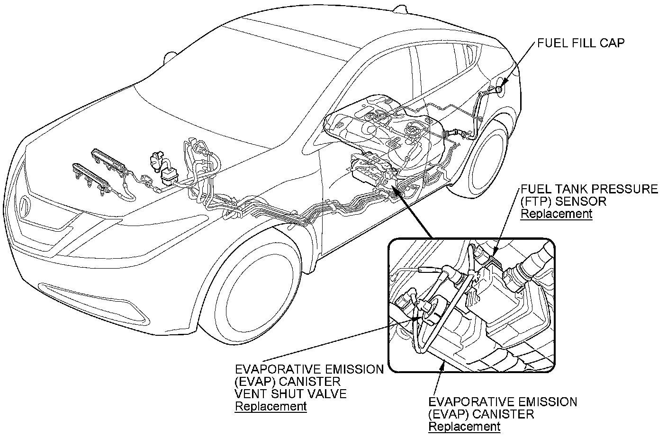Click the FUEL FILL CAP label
pos(581,43)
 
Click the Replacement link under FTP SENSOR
pos(556,213)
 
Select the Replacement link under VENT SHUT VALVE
pos(270,406)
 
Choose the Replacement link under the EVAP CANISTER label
pos(464,427)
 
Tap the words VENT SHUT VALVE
pos(291,393)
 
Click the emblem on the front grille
pos(24,207)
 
